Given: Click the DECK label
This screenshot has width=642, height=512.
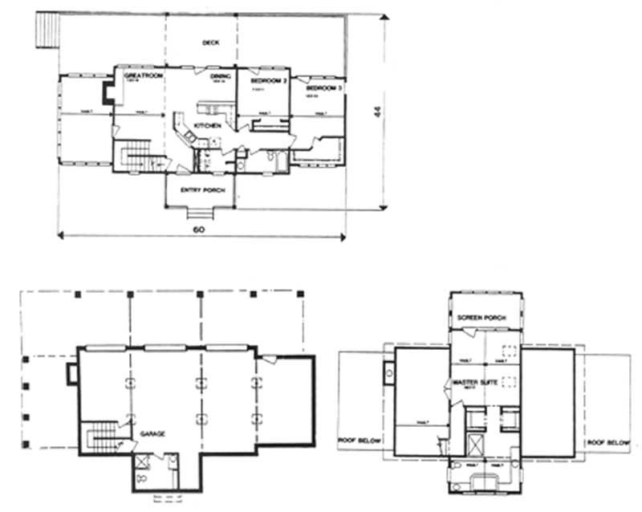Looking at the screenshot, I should [x=211, y=43].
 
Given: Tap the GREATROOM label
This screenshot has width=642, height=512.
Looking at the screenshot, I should [x=144, y=75].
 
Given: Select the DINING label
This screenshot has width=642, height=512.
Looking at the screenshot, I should [x=221, y=77].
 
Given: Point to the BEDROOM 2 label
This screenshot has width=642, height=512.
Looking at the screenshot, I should [x=266, y=82].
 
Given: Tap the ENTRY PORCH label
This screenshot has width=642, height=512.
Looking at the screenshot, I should [x=197, y=190].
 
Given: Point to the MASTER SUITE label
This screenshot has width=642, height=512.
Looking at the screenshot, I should [x=473, y=380].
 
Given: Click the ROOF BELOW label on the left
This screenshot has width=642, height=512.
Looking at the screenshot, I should [x=358, y=441].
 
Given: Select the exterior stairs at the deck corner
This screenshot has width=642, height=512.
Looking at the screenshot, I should [x=46, y=33].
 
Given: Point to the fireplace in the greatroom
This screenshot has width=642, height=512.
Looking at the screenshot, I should [x=108, y=92].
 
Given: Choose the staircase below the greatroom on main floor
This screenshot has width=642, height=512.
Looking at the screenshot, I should [x=132, y=154].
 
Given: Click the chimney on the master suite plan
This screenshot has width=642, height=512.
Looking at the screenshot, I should [x=390, y=372].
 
